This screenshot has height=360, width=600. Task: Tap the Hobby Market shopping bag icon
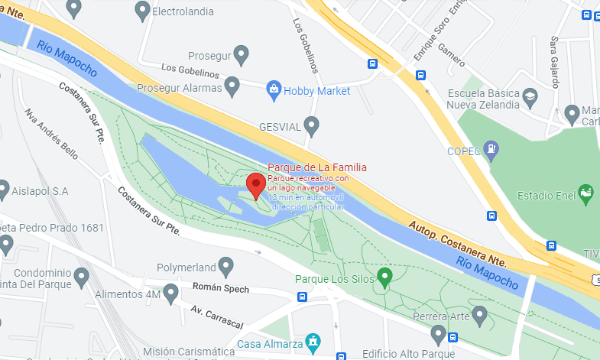click(x=274, y=90)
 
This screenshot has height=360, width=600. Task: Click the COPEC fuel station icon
click(x=492, y=150)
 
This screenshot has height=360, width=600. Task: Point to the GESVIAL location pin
click(x=311, y=125)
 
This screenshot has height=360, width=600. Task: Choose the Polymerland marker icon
click(x=226, y=266)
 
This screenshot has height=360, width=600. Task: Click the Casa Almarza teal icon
click(x=313, y=343)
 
